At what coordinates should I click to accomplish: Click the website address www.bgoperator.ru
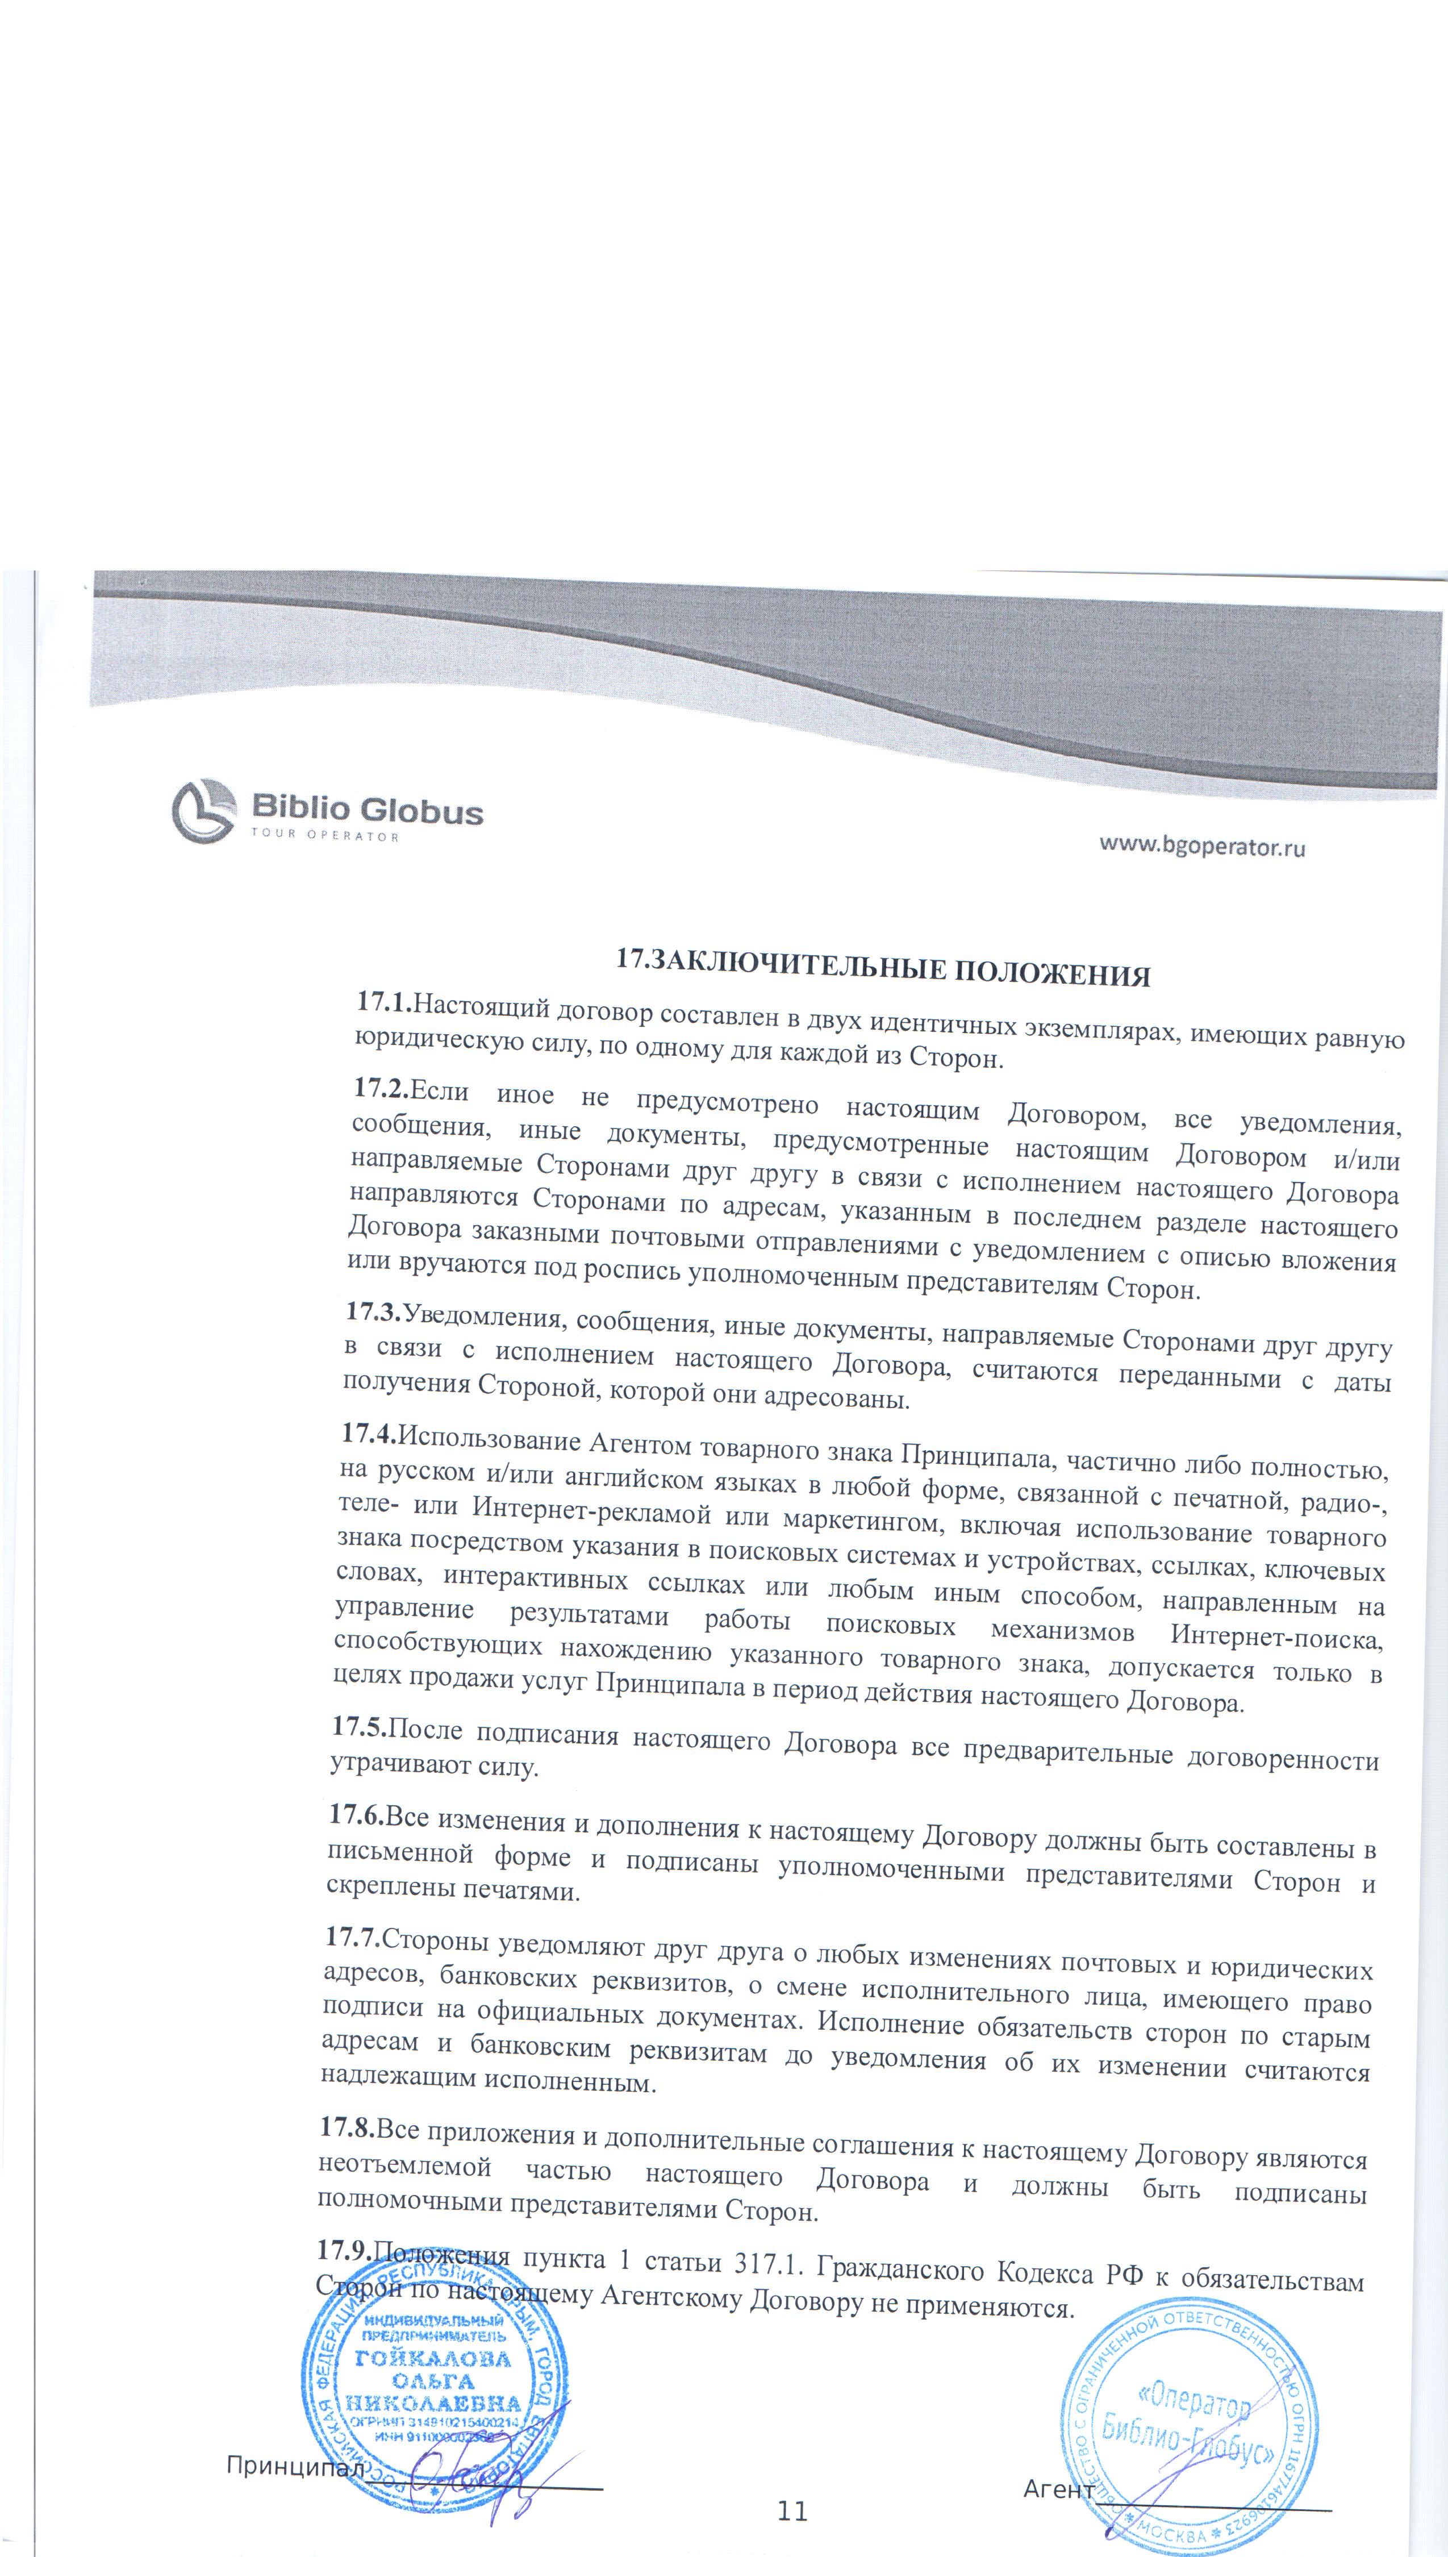1201,846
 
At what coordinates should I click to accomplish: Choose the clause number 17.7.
352,1935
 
